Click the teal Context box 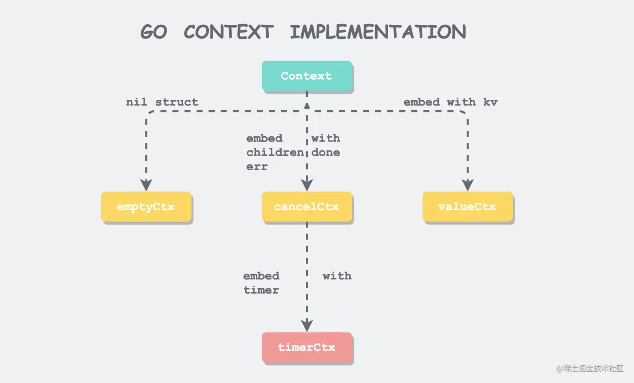[307, 76]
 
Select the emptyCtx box [146, 206]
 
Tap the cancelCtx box [307, 206]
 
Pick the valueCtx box [467, 206]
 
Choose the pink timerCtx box [307, 347]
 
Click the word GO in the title [153, 32]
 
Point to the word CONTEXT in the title [229, 32]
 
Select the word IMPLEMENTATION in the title [378, 32]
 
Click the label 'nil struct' [162, 102]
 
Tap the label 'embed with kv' [450, 102]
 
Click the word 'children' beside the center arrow [275, 152]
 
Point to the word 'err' [257, 167]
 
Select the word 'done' [325, 152]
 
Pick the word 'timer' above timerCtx [261, 290]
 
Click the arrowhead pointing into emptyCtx [146, 185]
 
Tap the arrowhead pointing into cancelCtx [307, 185]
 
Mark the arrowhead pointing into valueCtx [468, 185]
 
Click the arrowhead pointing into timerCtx [307, 325]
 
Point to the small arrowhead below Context [307, 106]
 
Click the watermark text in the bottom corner [590, 368]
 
